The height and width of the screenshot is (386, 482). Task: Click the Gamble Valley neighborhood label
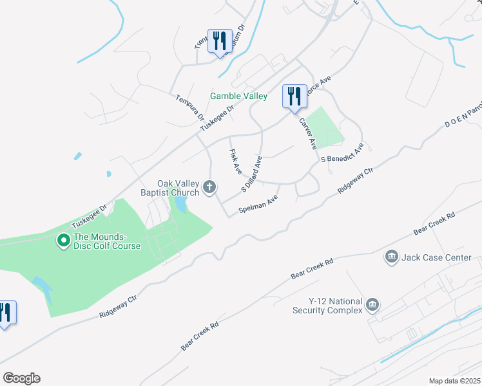(x=238, y=96)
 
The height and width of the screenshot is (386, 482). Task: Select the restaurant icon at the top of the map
(x=219, y=41)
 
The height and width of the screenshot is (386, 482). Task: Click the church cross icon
(x=209, y=187)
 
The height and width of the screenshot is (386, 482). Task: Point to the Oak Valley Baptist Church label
(x=170, y=187)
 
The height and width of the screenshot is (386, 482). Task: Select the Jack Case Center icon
(x=391, y=258)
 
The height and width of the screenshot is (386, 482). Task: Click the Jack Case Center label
(x=436, y=258)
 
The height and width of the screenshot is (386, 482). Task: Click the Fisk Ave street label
(x=235, y=162)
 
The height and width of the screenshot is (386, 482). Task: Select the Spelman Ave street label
(x=257, y=205)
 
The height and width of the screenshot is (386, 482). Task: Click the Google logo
(x=21, y=378)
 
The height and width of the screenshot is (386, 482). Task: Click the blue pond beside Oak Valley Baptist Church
(x=180, y=205)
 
